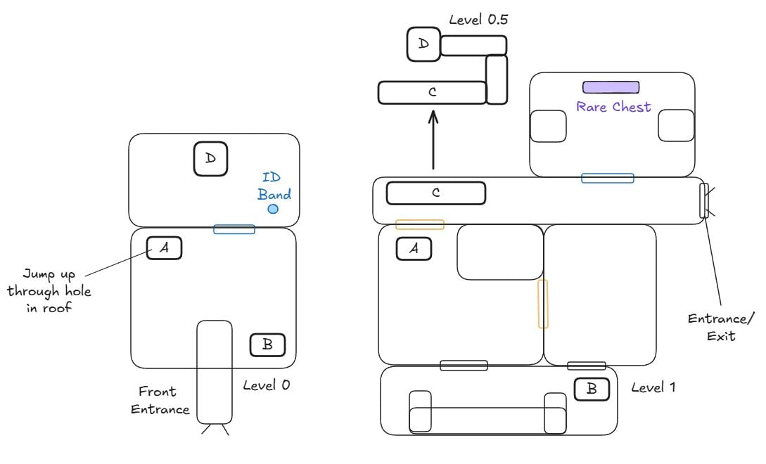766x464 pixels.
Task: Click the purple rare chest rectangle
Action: pos(611,87)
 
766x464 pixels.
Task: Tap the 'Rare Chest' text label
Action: pos(613,108)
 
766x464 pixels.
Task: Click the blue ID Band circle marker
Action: pos(273,209)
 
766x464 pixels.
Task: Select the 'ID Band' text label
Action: pos(274,186)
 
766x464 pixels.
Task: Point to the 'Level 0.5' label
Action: pos(478,19)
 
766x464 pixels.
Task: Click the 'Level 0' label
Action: pos(266,385)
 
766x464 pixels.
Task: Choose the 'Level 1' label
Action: pos(653,387)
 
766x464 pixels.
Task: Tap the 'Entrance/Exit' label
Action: pos(712,327)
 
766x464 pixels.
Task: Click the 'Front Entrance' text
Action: pos(160,400)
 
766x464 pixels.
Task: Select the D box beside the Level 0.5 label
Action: pos(423,44)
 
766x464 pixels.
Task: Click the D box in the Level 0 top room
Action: pos(210,159)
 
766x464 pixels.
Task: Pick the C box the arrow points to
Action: pos(432,92)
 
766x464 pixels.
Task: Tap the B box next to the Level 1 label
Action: pos(592,389)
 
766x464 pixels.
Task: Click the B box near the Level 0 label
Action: pos(267,344)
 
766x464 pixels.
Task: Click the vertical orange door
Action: pos(542,303)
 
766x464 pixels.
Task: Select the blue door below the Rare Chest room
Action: pos(607,178)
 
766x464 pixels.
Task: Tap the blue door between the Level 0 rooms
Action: pos(234,229)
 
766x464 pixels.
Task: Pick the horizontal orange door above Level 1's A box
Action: pos(419,224)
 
